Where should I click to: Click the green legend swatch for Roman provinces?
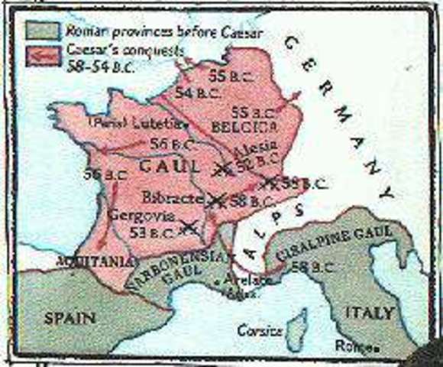(43, 31)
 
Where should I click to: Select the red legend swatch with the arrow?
(43, 56)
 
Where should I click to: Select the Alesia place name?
(260, 149)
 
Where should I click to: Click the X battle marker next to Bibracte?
(216, 200)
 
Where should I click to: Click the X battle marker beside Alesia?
(221, 169)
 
